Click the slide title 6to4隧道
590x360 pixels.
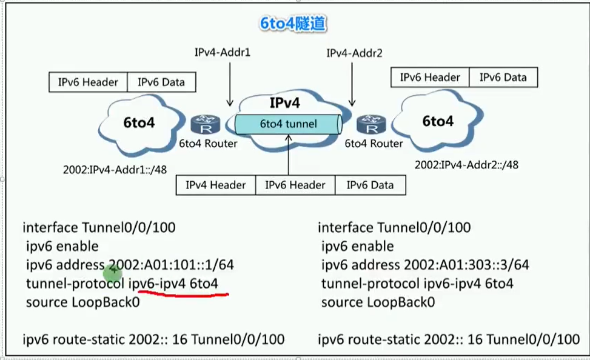coord(293,24)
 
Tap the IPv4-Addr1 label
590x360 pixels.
coord(223,53)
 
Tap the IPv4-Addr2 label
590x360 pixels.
coord(354,53)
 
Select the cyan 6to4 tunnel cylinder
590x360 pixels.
coord(288,124)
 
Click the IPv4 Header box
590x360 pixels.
coord(215,185)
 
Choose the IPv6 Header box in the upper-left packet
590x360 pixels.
coord(88,82)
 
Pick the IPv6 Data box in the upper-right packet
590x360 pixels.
coord(503,78)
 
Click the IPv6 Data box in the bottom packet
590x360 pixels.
coord(370,185)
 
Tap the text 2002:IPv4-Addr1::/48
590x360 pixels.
coord(115,169)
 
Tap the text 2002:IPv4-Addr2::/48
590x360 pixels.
coord(466,164)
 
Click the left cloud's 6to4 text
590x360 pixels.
coord(139,122)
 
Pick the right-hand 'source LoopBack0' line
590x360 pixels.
coord(378,302)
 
